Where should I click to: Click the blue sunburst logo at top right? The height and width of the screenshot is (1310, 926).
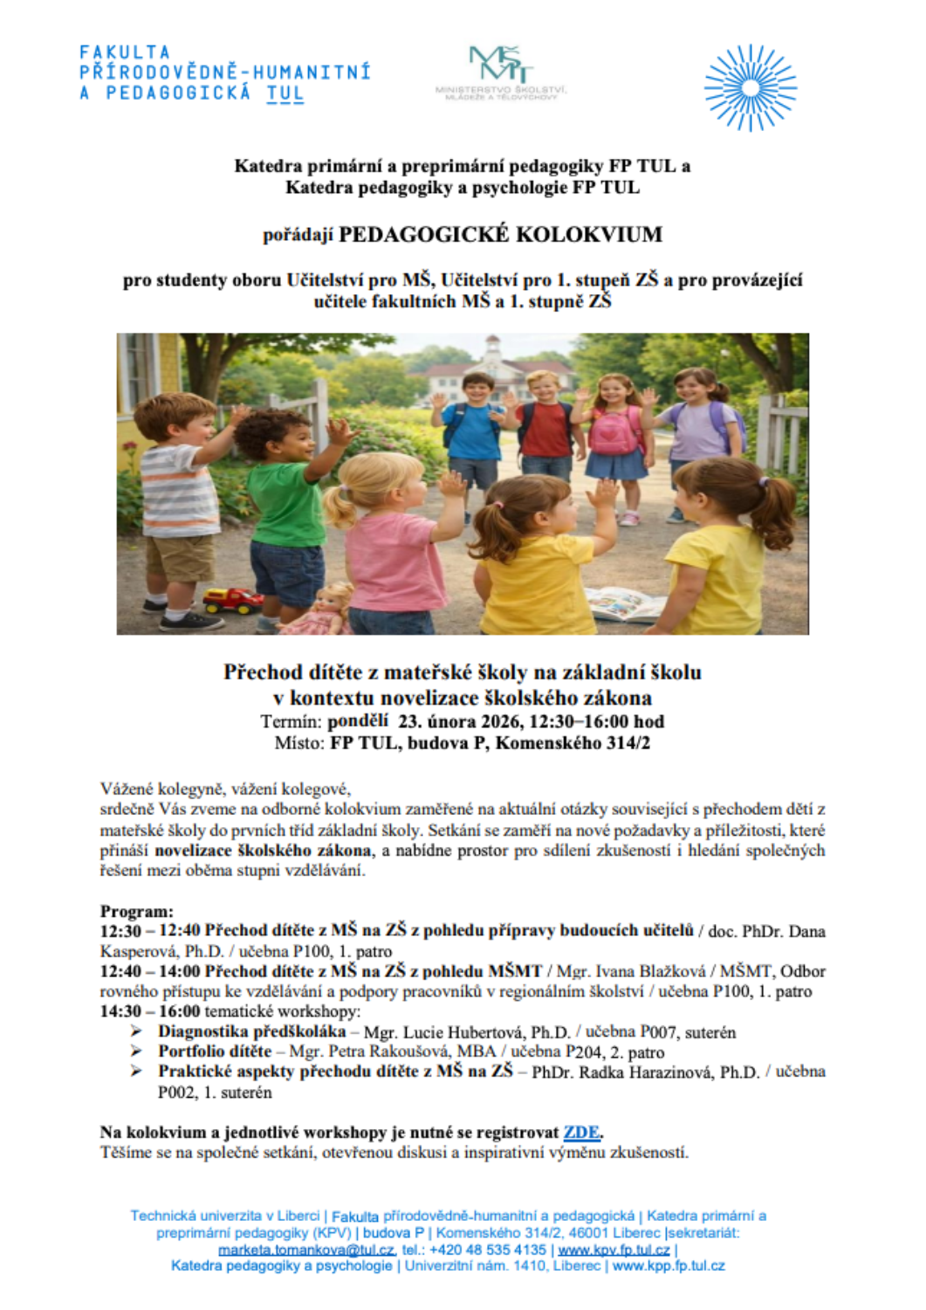[750, 87]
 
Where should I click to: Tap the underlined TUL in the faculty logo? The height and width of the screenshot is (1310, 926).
[285, 93]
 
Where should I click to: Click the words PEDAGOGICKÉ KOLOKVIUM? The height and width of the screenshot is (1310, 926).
[500, 234]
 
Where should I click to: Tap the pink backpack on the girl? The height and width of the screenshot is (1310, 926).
[614, 430]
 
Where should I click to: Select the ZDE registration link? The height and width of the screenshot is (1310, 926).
[581, 1133]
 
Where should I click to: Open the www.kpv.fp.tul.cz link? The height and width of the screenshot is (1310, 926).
[614, 1250]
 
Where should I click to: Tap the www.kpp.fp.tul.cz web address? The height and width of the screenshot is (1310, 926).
[668, 1265]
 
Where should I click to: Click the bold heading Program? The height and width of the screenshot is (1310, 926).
[137, 911]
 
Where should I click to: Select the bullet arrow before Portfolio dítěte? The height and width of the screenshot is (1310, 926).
[137, 1051]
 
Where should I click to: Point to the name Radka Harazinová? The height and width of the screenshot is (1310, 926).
[643, 1072]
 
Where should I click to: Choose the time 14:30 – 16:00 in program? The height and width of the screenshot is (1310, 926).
[149, 1011]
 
